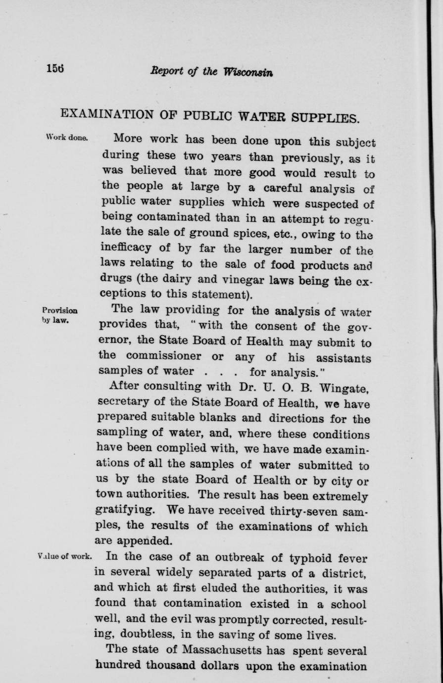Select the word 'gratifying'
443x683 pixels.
tap(126, 509)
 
